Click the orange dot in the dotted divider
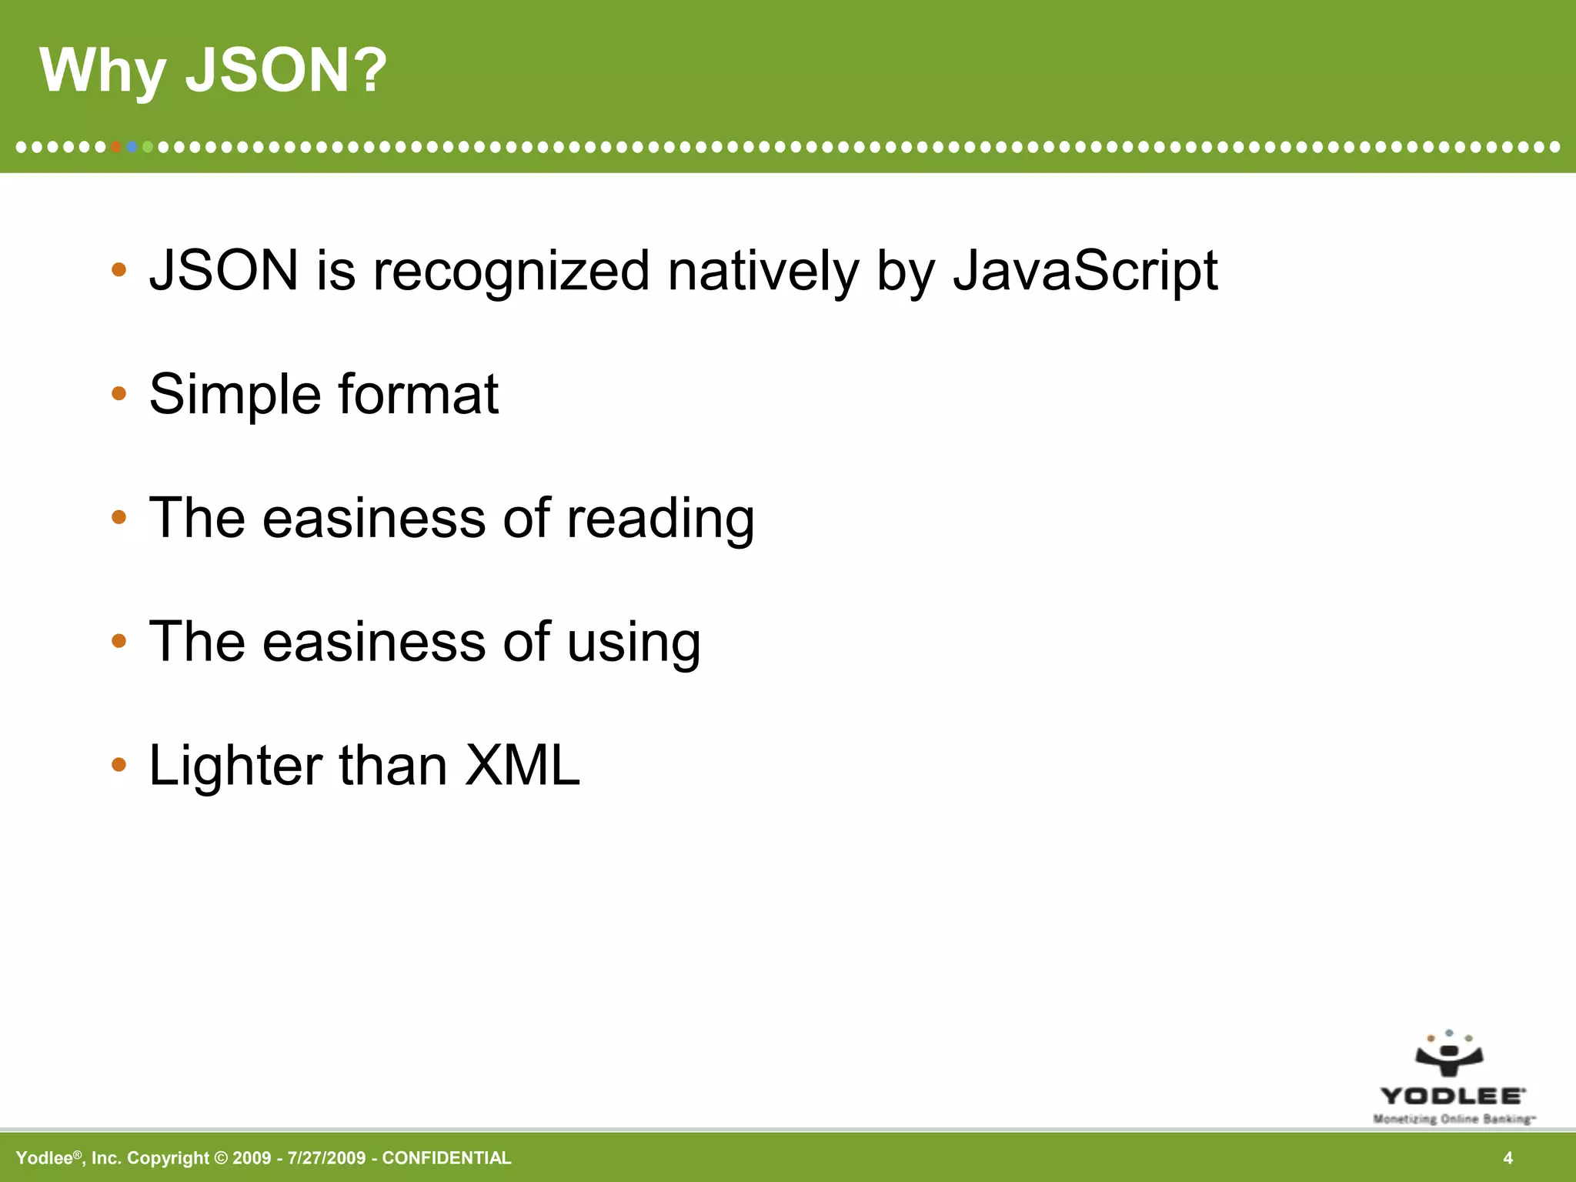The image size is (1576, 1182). tap(116, 146)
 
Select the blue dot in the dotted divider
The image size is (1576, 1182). tap(132, 146)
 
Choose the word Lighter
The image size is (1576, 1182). tap(235, 766)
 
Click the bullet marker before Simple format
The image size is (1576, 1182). tap(119, 394)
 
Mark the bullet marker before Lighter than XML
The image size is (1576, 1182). tap(119, 765)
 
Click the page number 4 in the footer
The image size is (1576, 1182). tap(1508, 1158)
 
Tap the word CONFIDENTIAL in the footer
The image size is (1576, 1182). tap(446, 1158)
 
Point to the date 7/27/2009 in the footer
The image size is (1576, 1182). tap(326, 1158)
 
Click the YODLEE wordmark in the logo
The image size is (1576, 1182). tap(1451, 1096)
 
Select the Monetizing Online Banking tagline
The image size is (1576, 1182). tap(1453, 1119)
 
